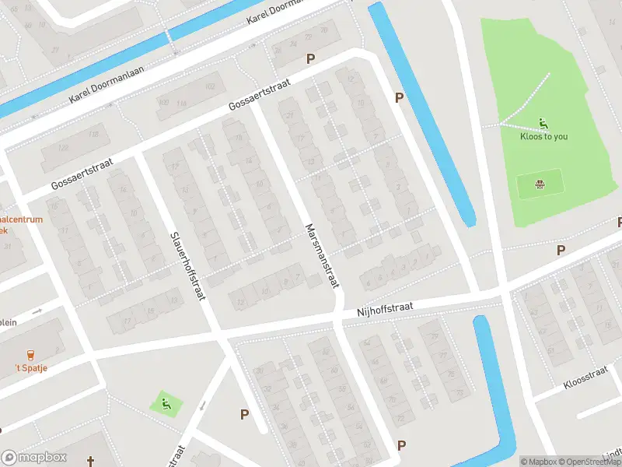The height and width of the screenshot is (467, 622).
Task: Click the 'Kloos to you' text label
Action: click(x=543, y=136)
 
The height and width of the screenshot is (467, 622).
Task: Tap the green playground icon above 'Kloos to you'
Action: click(x=543, y=122)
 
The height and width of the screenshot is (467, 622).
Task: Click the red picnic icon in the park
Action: click(x=539, y=184)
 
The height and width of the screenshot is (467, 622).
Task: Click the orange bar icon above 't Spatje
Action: click(x=30, y=354)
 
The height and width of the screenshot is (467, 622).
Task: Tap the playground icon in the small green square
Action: click(x=166, y=403)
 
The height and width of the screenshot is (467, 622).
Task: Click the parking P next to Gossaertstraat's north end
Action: click(x=310, y=58)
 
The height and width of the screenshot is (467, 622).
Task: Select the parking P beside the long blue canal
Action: click(x=400, y=97)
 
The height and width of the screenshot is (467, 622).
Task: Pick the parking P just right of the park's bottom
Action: click(x=561, y=250)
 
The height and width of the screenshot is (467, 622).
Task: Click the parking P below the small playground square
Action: click(x=244, y=415)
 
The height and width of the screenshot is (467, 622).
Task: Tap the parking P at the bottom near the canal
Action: click(x=401, y=445)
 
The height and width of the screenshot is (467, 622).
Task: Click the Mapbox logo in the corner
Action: click(x=33, y=458)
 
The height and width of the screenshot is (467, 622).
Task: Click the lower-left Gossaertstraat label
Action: click(x=82, y=174)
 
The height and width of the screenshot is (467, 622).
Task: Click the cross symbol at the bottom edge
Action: click(x=91, y=462)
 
